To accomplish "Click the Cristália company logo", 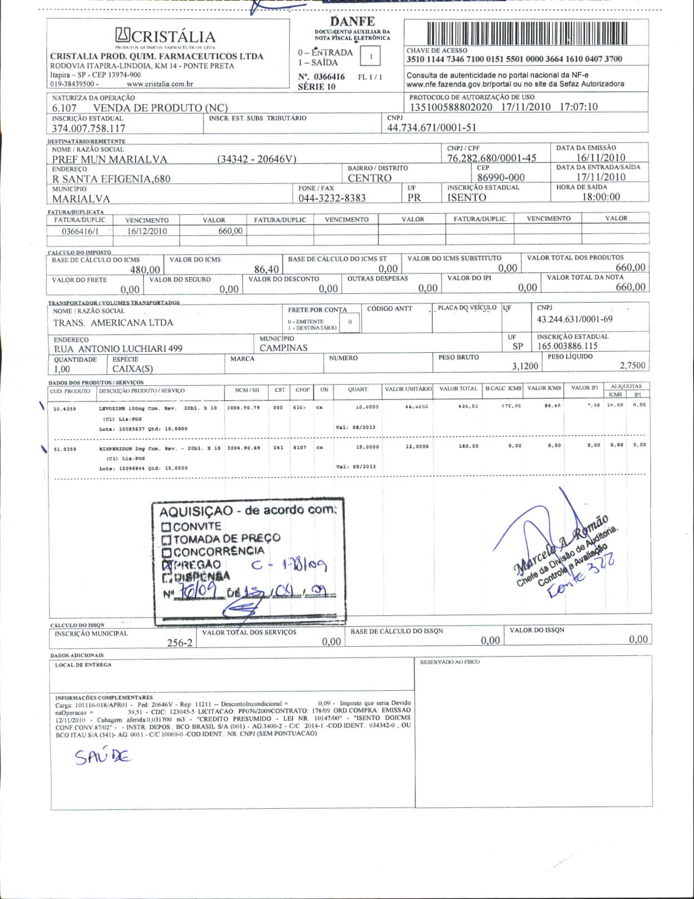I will click(x=165, y=36).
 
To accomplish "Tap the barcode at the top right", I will click(x=528, y=34).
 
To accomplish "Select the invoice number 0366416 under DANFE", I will click(x=329, y=77).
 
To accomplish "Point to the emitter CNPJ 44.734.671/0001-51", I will click(x=432, y=127).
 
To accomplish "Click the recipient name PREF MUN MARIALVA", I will click(x=110, y=160).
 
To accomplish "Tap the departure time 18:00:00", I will click(x=601, y=197).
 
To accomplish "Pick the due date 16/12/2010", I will click(x=147, y=231).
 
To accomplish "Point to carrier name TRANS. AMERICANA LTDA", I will click(x=113, y=323).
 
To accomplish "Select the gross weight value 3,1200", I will click(x=525, y=366).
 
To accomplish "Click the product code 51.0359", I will click(x=65, y=448).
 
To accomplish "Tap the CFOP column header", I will click(x=303, y=390).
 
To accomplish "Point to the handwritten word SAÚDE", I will click(x=103, y=756).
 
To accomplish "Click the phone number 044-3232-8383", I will click(x=332, y=198).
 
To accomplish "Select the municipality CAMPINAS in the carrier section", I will click(x=284, y=348).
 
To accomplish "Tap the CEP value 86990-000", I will click(x=500, y=178).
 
